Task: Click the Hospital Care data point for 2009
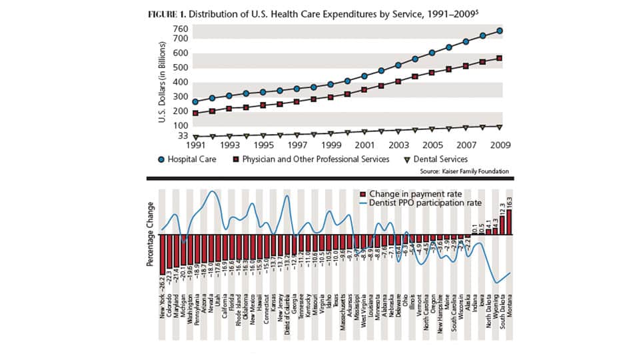point(499,31)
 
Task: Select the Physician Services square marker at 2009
point(499,59)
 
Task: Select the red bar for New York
point(162,255)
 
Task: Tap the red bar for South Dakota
point(503,225)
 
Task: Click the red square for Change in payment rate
point(362,193)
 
